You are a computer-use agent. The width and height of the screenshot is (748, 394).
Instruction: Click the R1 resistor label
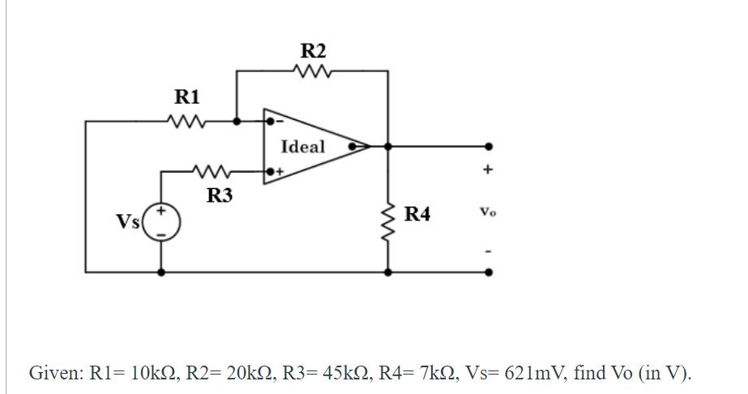187,97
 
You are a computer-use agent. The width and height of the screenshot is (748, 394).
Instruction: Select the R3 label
220,195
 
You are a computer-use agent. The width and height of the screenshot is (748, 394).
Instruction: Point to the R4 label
417,214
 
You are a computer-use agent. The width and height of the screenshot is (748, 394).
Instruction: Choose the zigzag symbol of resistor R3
213,172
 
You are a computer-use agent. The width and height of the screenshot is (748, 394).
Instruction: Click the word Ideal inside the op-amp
302,147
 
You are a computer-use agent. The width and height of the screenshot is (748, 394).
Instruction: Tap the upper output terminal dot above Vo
487,147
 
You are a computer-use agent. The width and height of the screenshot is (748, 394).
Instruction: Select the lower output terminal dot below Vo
487,273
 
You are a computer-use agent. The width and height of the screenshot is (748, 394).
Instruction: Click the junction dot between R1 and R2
236,122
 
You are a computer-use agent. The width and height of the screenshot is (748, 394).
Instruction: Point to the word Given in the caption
55,373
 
